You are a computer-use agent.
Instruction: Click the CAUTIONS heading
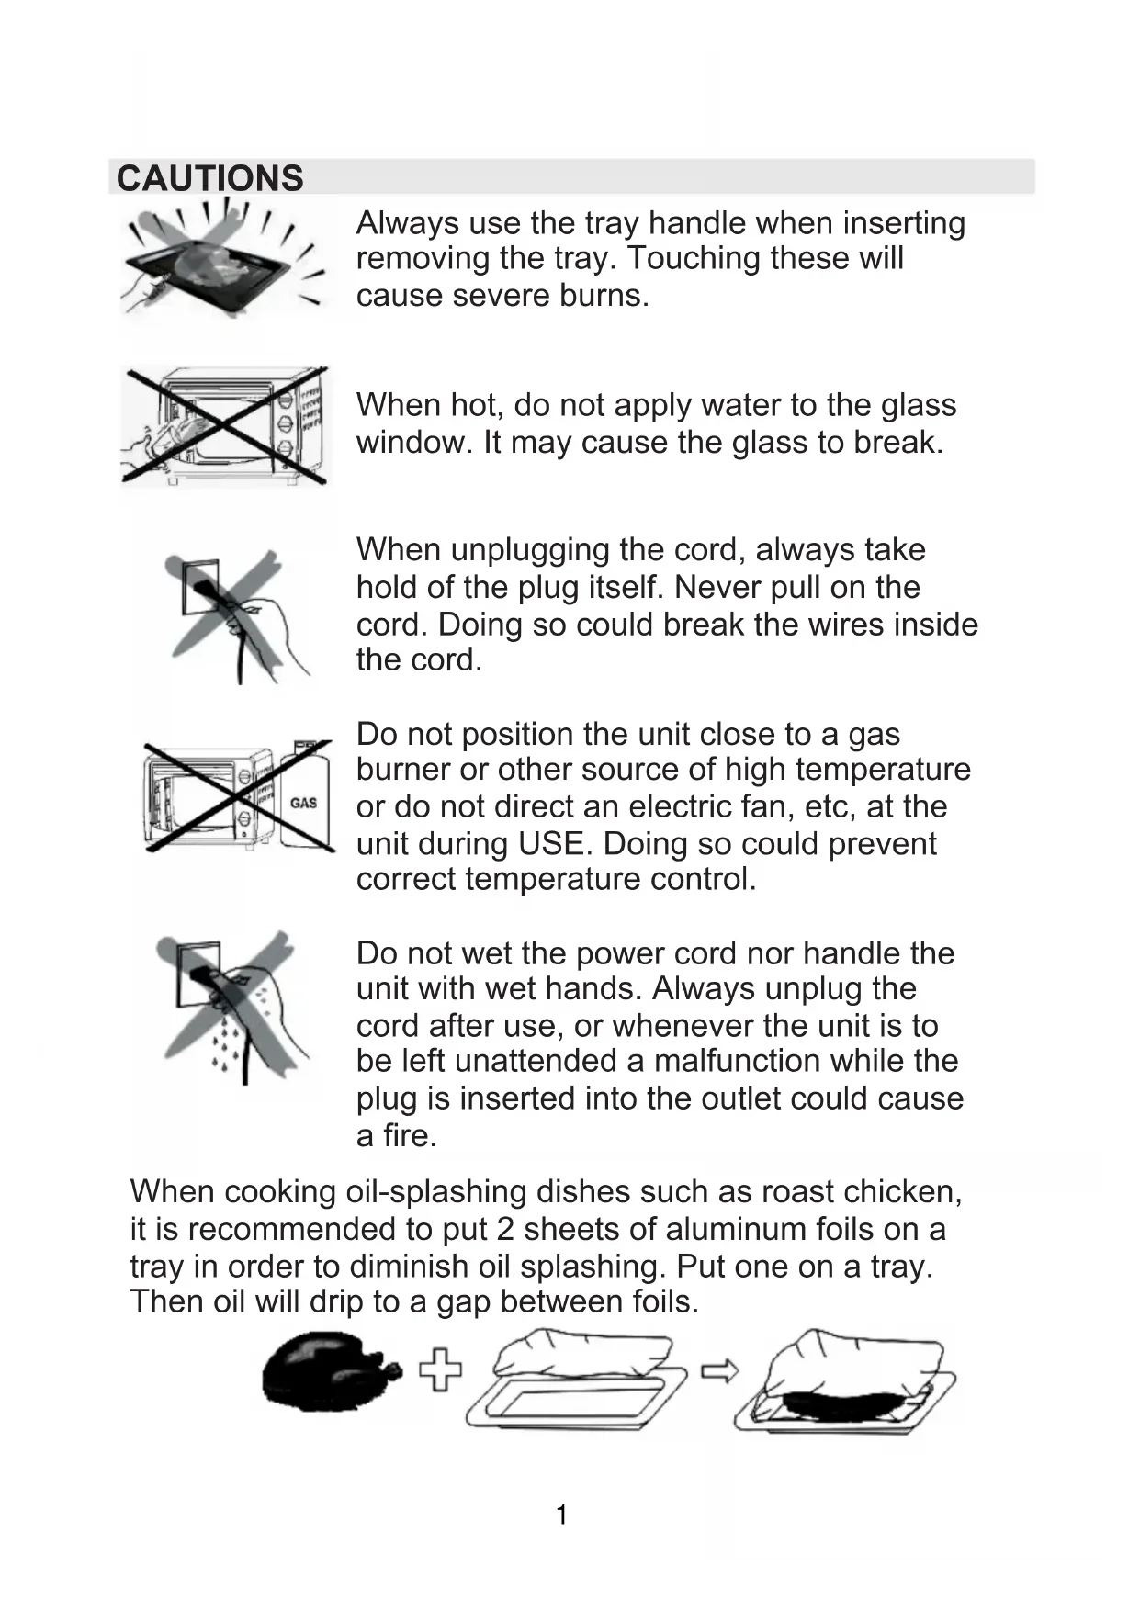click(x=209, y=178)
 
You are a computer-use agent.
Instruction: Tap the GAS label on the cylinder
click(x=303, y=802)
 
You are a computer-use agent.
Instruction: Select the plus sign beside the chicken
click(x=441, y=1370)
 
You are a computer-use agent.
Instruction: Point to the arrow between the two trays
click(x=720, y=1371)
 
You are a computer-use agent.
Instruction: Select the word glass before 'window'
click(x=911, y=405)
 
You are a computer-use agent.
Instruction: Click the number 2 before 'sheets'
click(x=504, y=1229)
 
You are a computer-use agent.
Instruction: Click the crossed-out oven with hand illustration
click(x=226, y=425)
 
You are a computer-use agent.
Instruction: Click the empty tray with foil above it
click(x=575, y=1383)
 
